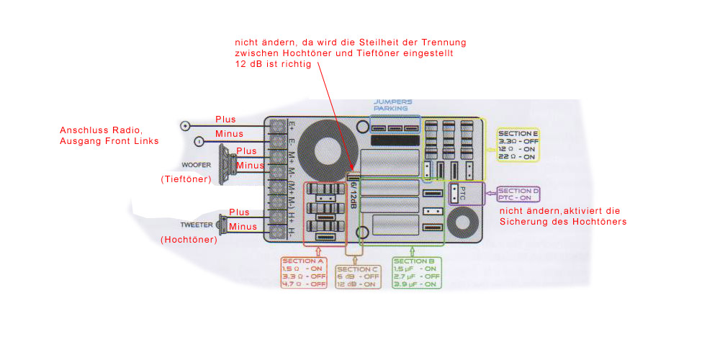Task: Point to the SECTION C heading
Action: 358,269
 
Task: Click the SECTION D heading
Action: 518,190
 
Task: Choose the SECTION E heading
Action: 518,134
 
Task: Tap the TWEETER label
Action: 197,225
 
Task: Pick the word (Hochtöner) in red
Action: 189,240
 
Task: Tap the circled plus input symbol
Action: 186,126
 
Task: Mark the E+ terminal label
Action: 290,125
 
